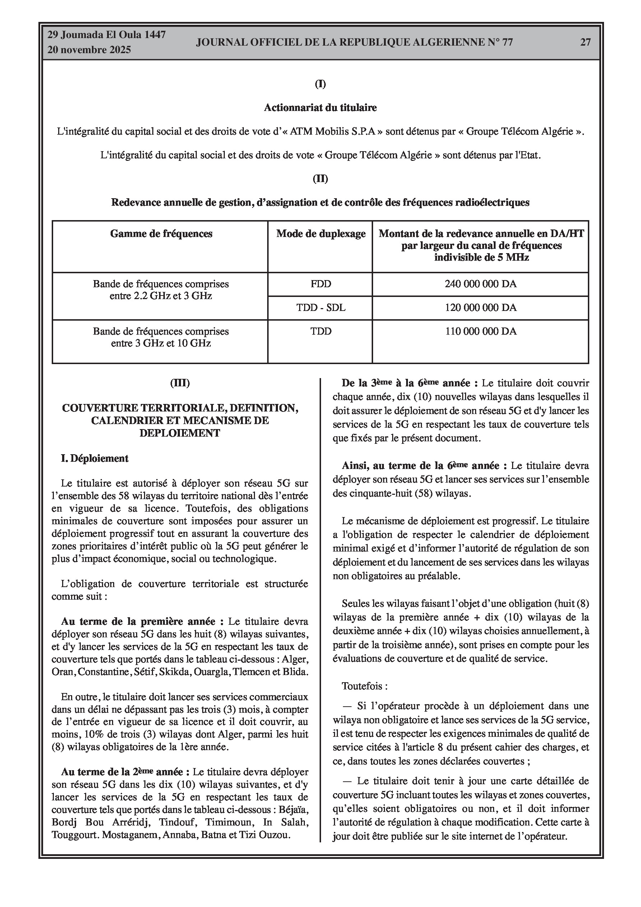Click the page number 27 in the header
point(585,42)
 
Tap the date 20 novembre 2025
point(89,50)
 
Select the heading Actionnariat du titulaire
point(320,107)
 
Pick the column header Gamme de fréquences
point(161,233)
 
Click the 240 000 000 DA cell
point(480,284)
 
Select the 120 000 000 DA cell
point(480,307)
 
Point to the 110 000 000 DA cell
point(480,331)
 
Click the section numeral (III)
point(180,383)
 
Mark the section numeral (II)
point(320,178)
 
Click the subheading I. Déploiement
point(94,458)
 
